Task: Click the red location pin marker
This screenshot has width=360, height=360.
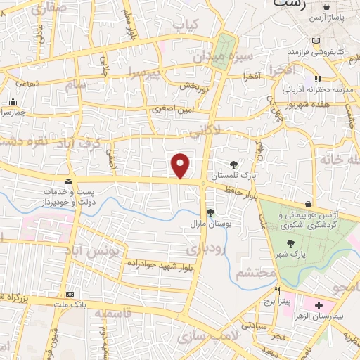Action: [x=181, y=165]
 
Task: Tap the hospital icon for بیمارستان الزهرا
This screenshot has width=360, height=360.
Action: [x=319, y=306]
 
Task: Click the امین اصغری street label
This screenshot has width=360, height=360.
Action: [x=173, y=109]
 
